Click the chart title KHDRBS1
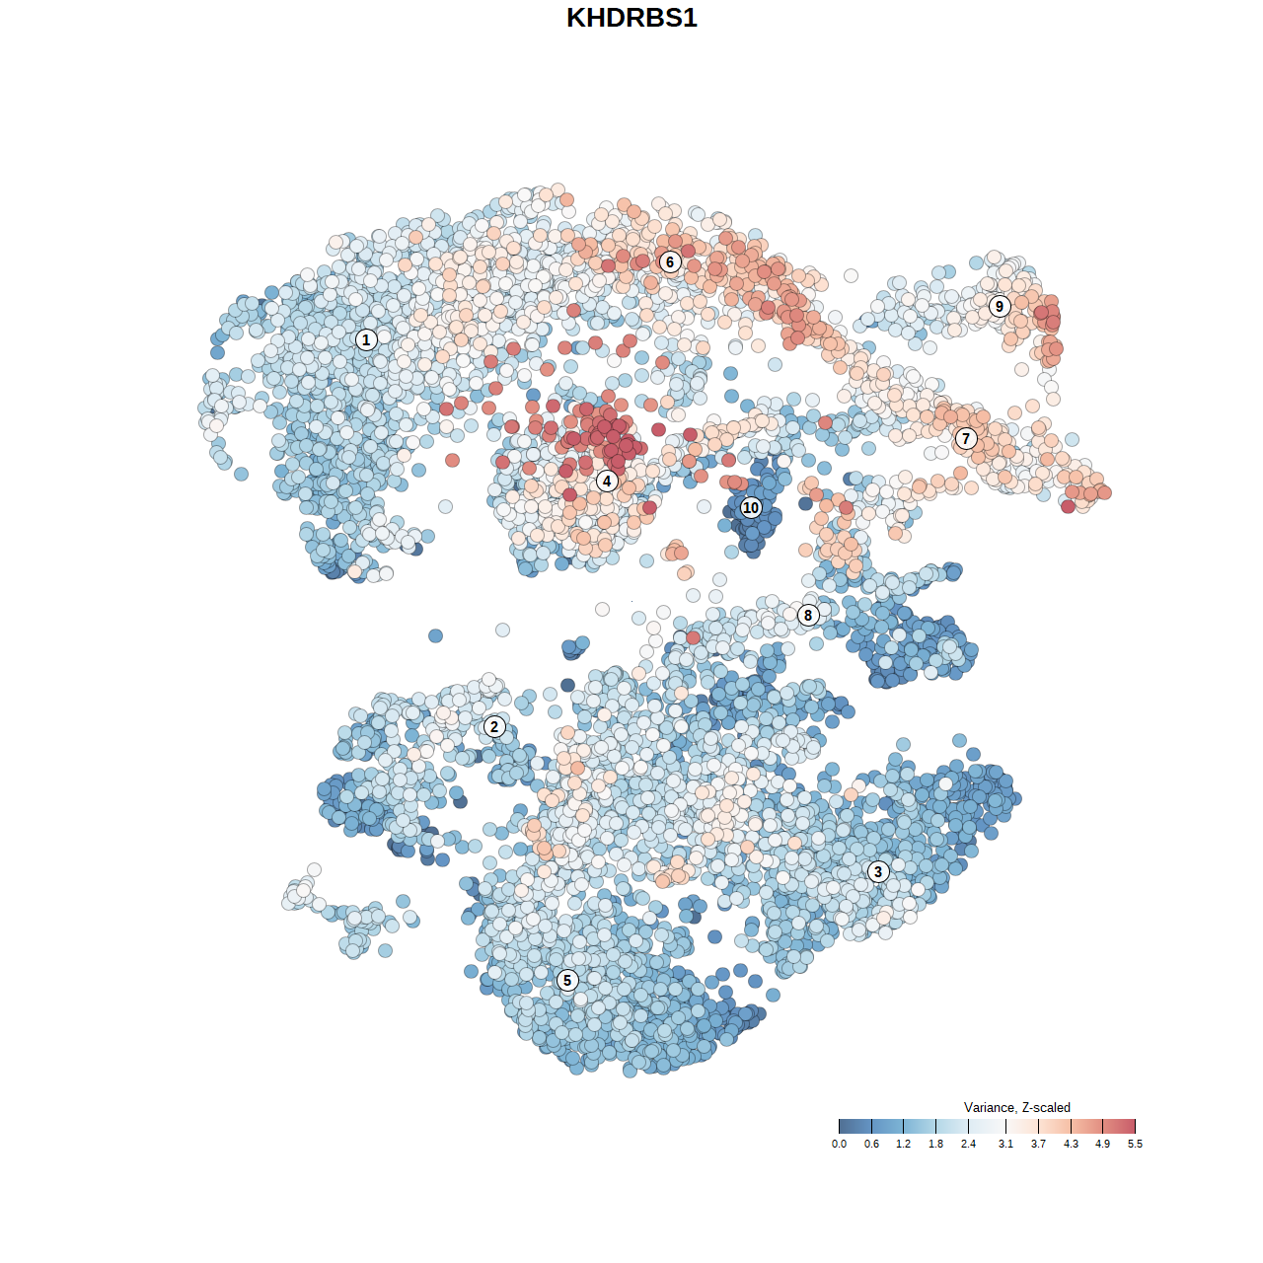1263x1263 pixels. pyautogui.click(x=631, y=18)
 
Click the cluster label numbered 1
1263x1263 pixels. pyautogui.click(x=366, y=339)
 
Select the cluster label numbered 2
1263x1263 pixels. pyautogui.click(x=494, y=727)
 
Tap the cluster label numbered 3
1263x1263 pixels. pyautogui.click(x=878, y=871)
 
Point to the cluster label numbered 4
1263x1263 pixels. pyautogui.click(x=607, y=482)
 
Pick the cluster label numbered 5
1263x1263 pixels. pyautogui.click(x=567, y=980)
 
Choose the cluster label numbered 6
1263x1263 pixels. pyautogui.click(x=670, y=261)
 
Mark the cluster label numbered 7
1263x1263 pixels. pyautogui.click(x=966, y=439)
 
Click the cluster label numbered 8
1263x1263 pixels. pyautogui.click(x=808, y=615)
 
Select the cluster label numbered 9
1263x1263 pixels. pyautogui.click(x=1000, y=306)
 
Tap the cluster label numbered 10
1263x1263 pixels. pyautogui.click(x=751, y=507)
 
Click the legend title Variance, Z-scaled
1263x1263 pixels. pyautogui.click(x=1016, y=1107)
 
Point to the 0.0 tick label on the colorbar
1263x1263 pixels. pyautogui.click(x=839, y=1145)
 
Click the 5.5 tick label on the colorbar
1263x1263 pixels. pyautogui.click(x=1135, y=1145)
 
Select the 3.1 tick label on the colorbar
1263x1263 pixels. pyautogui.click(x=1005, y=1145)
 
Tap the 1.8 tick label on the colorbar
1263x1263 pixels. pyautogui.click(x=935, y=1145)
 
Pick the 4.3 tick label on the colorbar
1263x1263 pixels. pyautogui.click(x=1071, y=1145)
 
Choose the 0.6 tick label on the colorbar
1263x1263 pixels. pyautogui.click(x=871, y=1145)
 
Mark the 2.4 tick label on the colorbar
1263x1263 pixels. pyautogui.click(x=968, y=1145)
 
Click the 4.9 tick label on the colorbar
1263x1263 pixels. pyautogui.click(x=1102, y=1145)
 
